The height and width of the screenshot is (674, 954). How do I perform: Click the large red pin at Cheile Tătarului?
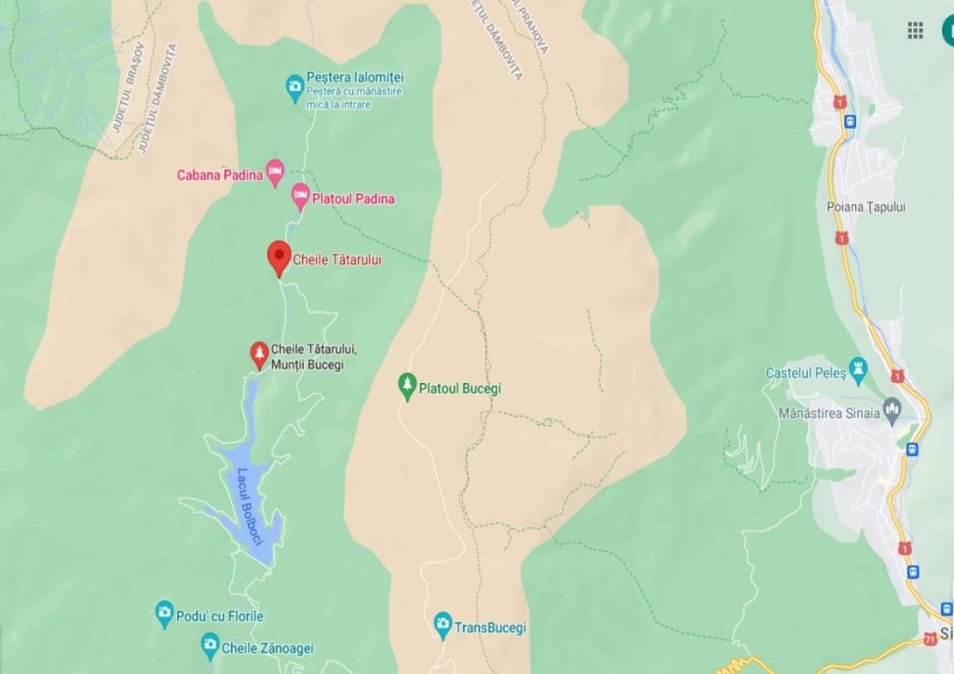[279, 256]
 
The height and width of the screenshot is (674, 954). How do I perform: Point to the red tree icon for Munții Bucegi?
[259, 354]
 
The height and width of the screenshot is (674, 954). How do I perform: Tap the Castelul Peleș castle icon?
[858, 366]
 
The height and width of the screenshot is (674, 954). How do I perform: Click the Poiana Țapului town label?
[865, 207]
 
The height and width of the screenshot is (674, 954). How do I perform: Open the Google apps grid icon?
[915, 31]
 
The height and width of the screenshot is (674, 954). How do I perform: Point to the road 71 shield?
[930, 639]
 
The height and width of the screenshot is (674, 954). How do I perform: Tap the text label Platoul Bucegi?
[460, 388]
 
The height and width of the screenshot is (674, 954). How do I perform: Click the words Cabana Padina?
[219, 174]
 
